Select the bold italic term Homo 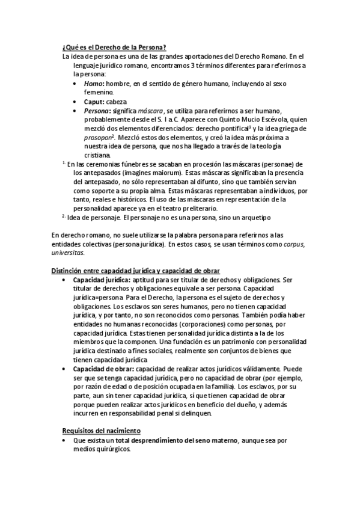[x=93, y=84]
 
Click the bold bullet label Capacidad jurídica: [x=101, y=280]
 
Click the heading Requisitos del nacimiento [x=101, y=431]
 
